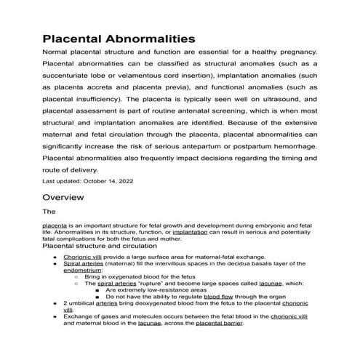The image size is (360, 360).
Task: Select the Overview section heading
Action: pyautogui.click(x=63, y=197)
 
